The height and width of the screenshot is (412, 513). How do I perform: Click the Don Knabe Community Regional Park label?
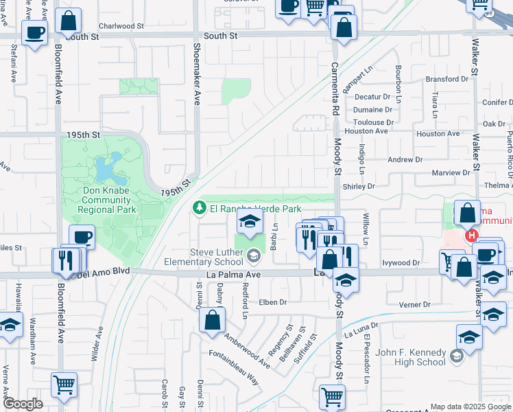106,199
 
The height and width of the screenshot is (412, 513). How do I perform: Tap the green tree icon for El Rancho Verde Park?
199,207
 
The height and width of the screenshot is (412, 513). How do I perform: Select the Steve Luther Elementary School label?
205,256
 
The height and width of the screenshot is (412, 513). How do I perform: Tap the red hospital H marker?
471,236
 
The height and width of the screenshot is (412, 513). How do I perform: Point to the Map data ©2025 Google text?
470,407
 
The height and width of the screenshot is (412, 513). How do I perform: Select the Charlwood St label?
121,25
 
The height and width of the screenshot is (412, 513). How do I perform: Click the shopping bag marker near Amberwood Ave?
213,319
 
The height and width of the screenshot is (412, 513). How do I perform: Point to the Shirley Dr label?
359,186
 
